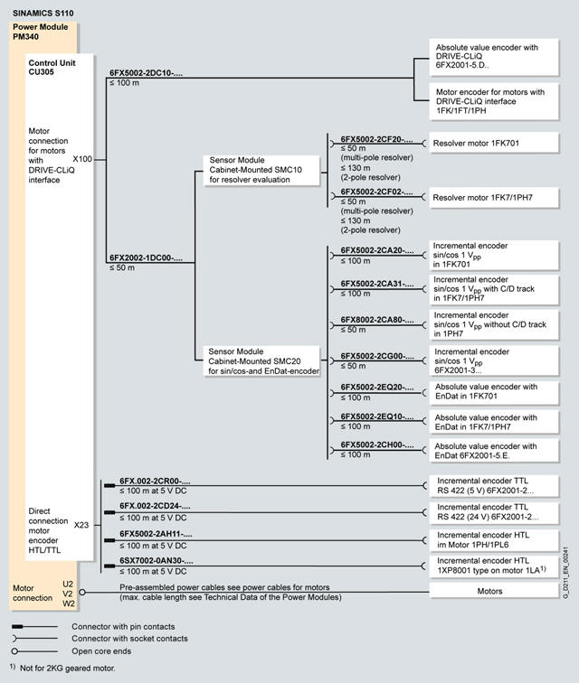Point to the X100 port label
(x=82, y=159)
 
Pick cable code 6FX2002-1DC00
(x=146, y=258)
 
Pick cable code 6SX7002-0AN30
(x=155, y=561)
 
